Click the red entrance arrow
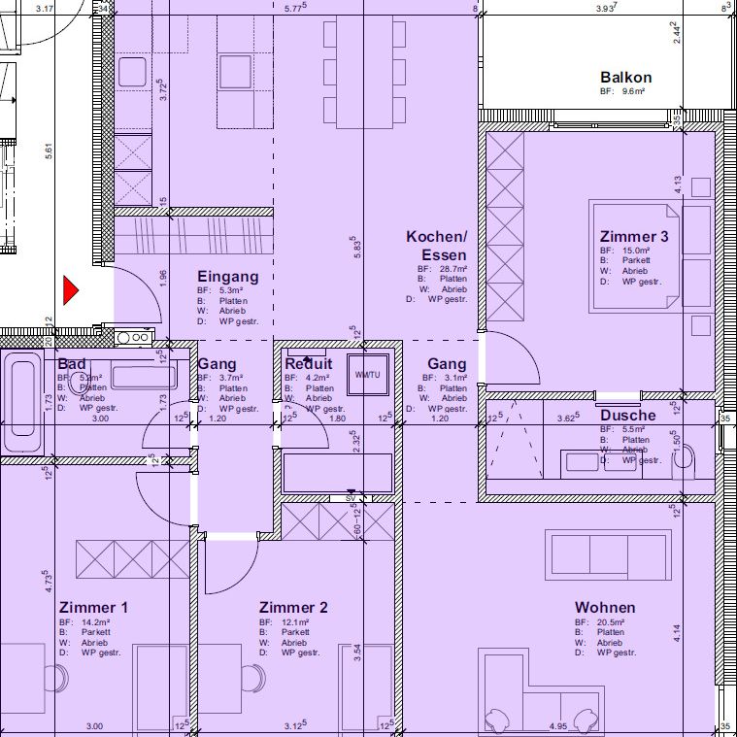70,290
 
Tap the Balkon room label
625,78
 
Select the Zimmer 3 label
634,237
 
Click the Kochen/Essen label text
437,246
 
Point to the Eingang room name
228,277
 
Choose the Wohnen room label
605,608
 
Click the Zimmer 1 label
93,608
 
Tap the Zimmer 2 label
293,608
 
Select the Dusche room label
627,416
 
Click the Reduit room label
309,364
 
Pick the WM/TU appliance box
367,374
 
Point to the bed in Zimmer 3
635,255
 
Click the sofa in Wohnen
609,555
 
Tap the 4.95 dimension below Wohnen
557,725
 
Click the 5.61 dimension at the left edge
48,152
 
